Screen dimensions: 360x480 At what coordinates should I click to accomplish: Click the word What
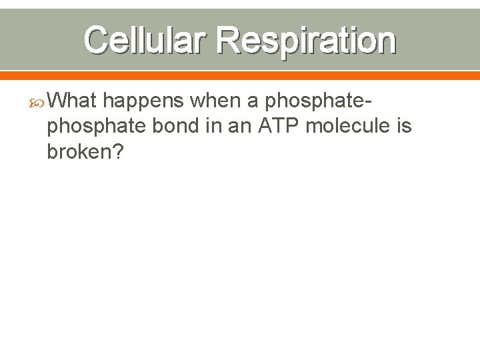pyautogui.click(x=73, y=101)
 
